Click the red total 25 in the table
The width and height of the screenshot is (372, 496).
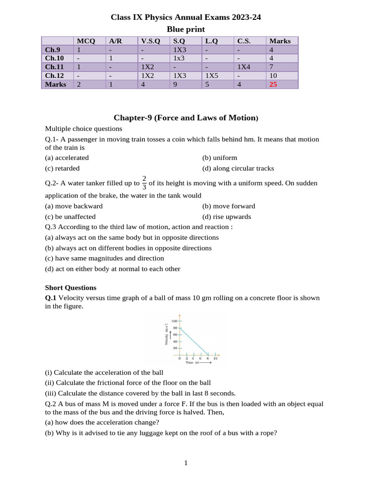pos(274,84)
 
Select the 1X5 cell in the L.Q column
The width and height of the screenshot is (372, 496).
pos(213,76)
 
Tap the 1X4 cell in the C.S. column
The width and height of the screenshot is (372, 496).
pos(244,67)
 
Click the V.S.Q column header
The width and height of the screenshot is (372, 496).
pos(150,41)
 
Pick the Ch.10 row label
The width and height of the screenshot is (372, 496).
pos(54,58)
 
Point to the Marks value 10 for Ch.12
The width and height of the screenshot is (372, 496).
pos(274,76)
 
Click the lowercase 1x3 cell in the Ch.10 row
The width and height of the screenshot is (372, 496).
pos(180,58)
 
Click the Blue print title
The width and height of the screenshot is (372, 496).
pos(186,29)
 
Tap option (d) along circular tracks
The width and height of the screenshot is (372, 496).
pos(238,168)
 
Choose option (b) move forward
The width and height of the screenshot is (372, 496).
pos(229,206)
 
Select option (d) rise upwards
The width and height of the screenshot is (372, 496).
pos(227,217)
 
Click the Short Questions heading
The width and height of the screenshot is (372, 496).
pos(71,287)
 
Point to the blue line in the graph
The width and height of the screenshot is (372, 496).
pos(194,341)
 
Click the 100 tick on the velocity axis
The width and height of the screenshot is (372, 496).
pos(173,321)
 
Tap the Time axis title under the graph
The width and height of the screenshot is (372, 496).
pos(192,362)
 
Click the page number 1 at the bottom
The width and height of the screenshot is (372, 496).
pos(186,463)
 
